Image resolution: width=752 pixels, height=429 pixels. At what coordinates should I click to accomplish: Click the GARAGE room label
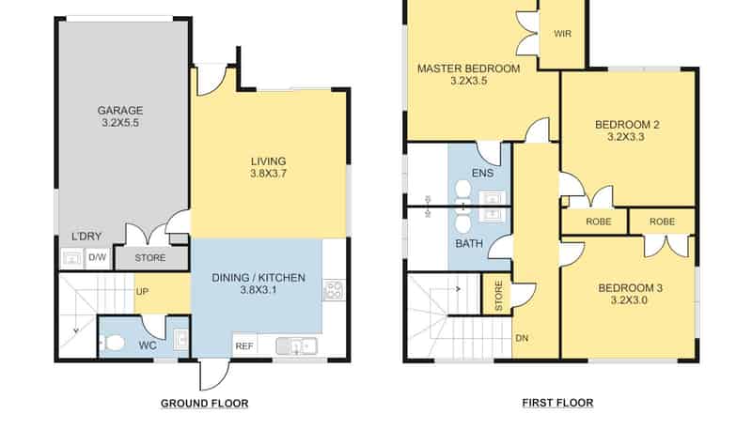click(x=120, y=111)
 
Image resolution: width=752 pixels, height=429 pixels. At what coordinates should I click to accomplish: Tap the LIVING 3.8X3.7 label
click(x=268, y=168)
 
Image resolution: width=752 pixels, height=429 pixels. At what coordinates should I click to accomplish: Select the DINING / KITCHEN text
click(x=258, y=278)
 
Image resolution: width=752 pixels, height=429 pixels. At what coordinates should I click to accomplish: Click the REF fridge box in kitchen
click(x=244, y=345)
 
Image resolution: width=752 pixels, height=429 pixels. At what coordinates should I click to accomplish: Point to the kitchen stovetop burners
click(x=334, y=290)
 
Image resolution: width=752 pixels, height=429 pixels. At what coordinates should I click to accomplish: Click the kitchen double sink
click(x=296, y=346)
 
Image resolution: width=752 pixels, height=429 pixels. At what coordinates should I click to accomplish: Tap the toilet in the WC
click(x=113, y=343)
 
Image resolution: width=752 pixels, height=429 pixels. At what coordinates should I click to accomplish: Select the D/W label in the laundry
click(x=98, y=257)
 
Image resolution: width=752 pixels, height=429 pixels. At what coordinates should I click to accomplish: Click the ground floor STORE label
click(x=150, y=258)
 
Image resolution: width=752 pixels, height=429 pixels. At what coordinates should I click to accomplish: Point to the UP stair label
click(x=142, y=292)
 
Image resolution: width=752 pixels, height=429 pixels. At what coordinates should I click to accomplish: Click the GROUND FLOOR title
click(x=204, y=404)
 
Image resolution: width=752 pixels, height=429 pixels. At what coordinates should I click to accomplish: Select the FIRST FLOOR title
click(x=557, y=403)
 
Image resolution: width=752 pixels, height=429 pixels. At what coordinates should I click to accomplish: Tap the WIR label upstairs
click(x=562, y=34)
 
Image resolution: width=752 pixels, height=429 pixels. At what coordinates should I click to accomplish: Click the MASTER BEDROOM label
click(x=468, y=69)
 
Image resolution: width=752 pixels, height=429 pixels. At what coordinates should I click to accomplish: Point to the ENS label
click(x=482, y=173)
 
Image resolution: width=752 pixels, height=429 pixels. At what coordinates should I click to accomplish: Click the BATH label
click(x=469, y=244)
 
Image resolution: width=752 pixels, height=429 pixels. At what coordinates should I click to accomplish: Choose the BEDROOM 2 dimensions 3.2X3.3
click(x=626, y=137)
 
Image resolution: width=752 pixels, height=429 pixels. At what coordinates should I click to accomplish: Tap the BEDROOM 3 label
click(x=630, y=288)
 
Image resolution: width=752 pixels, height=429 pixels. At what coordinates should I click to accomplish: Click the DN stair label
click(x=522, y=338)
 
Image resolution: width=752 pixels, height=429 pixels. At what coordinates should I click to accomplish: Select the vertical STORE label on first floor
click(x=498, y=296)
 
